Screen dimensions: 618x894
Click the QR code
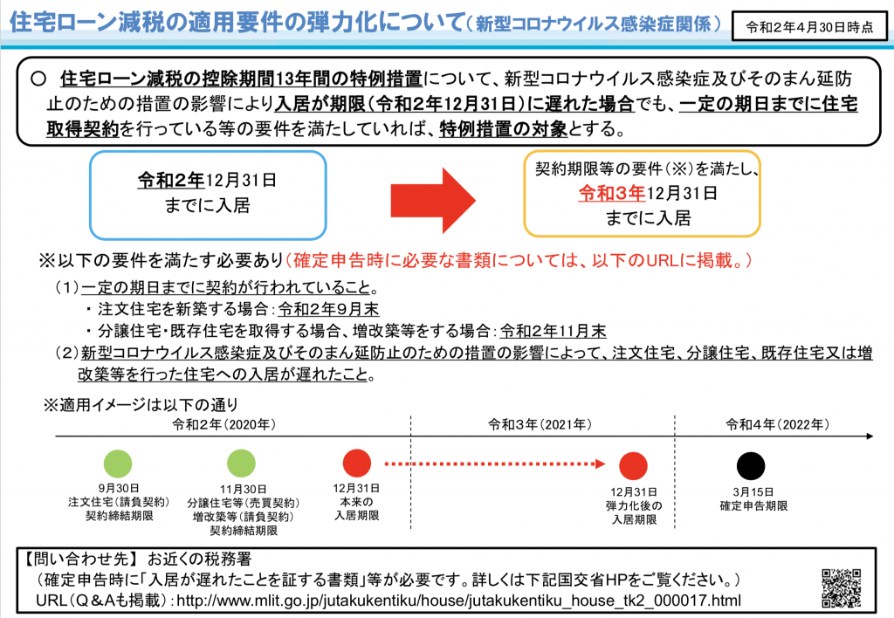click(843, 587)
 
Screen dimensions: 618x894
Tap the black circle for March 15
click(750, 464)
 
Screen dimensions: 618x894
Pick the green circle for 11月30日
click(242, 464)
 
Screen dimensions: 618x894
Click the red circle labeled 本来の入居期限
click(357, 464)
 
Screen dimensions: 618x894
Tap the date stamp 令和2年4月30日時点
click(808, 26)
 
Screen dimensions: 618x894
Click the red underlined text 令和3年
click(611, 193)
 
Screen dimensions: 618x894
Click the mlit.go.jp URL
click(458, 601)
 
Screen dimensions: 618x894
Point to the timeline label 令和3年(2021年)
click(540, 425)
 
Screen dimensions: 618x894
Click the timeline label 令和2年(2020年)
click(224, 425)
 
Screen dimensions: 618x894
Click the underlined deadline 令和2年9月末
click(328, 309)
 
